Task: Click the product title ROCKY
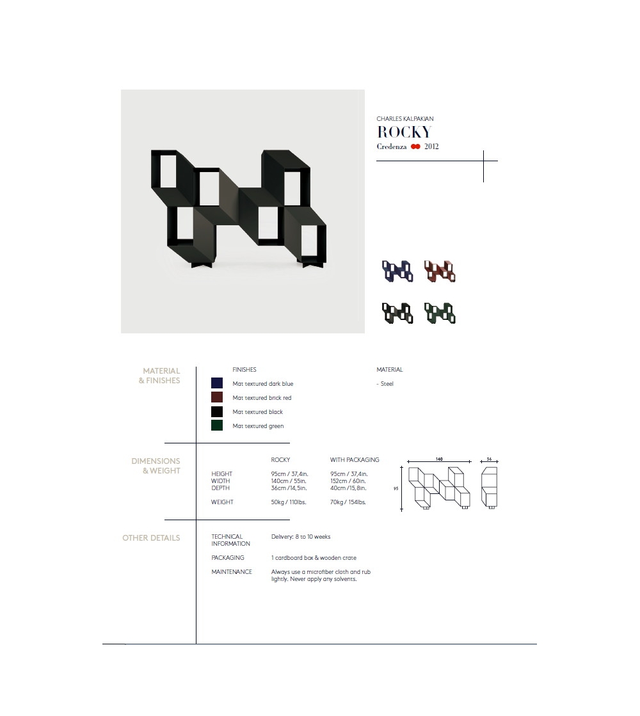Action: point(404,132)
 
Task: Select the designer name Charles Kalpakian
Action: point(404,119)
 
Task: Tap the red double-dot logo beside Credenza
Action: point(415,147)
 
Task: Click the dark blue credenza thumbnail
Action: point(397,271)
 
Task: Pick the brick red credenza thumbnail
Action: point(440,271)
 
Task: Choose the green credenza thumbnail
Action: point(440,314)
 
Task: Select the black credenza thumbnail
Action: point(397,314)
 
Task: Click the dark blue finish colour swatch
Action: point(217,383)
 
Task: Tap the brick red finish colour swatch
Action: point(217,397)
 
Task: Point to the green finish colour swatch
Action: point(217,426)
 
